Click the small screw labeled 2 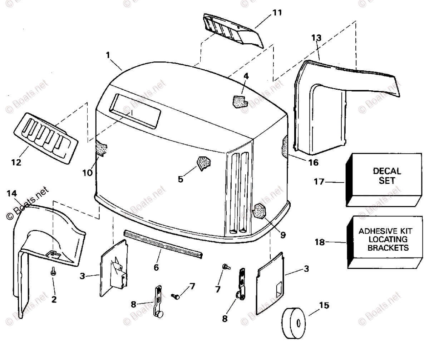(x=53, y=271)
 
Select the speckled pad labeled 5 (x=203, y=163)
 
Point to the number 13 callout (x=316, y=37)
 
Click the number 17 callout (x=319, y=182)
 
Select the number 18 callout (x=320, y=242)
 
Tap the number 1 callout (x=108, y=55)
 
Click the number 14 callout (x=12, y=194)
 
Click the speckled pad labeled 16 (x=285, y=146)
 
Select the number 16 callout (x=313, y=162)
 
